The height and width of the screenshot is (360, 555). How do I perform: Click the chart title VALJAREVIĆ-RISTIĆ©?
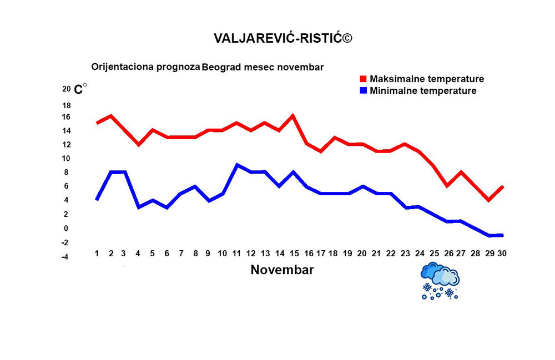click(x=283, y=38)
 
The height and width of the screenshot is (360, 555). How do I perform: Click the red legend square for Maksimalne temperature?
click(x=364, y=79)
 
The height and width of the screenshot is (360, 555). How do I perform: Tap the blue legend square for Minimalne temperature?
click(x=364, y=90)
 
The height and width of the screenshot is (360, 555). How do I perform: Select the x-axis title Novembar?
click(x=282, y=270)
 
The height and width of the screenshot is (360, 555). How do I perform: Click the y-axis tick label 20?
click(x=66, y=89)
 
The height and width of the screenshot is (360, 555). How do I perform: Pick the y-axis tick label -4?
click(x=65, y=257)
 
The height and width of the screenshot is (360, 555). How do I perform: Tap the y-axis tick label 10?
click(x=66, y=159)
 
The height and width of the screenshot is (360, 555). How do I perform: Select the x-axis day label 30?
click(x=502, y=253)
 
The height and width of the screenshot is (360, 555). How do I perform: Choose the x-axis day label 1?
click(x=97, y=253)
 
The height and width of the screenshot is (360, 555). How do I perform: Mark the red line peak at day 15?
click(x=292, y=116)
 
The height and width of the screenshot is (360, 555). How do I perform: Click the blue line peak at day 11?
click(x=237, y=165)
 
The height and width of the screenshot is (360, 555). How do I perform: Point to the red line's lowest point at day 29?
click(x=488, y=200)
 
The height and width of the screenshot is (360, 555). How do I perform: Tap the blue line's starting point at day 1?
click(x=97, y=199)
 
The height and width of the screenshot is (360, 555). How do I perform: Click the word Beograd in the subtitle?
click(x=221, y=67)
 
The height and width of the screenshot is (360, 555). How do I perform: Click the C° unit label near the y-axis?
click(x=80, y=89)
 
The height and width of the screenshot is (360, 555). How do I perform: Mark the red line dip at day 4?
click(x=139, y=144)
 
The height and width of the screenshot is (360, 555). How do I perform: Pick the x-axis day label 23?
click(x=405, y=253)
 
